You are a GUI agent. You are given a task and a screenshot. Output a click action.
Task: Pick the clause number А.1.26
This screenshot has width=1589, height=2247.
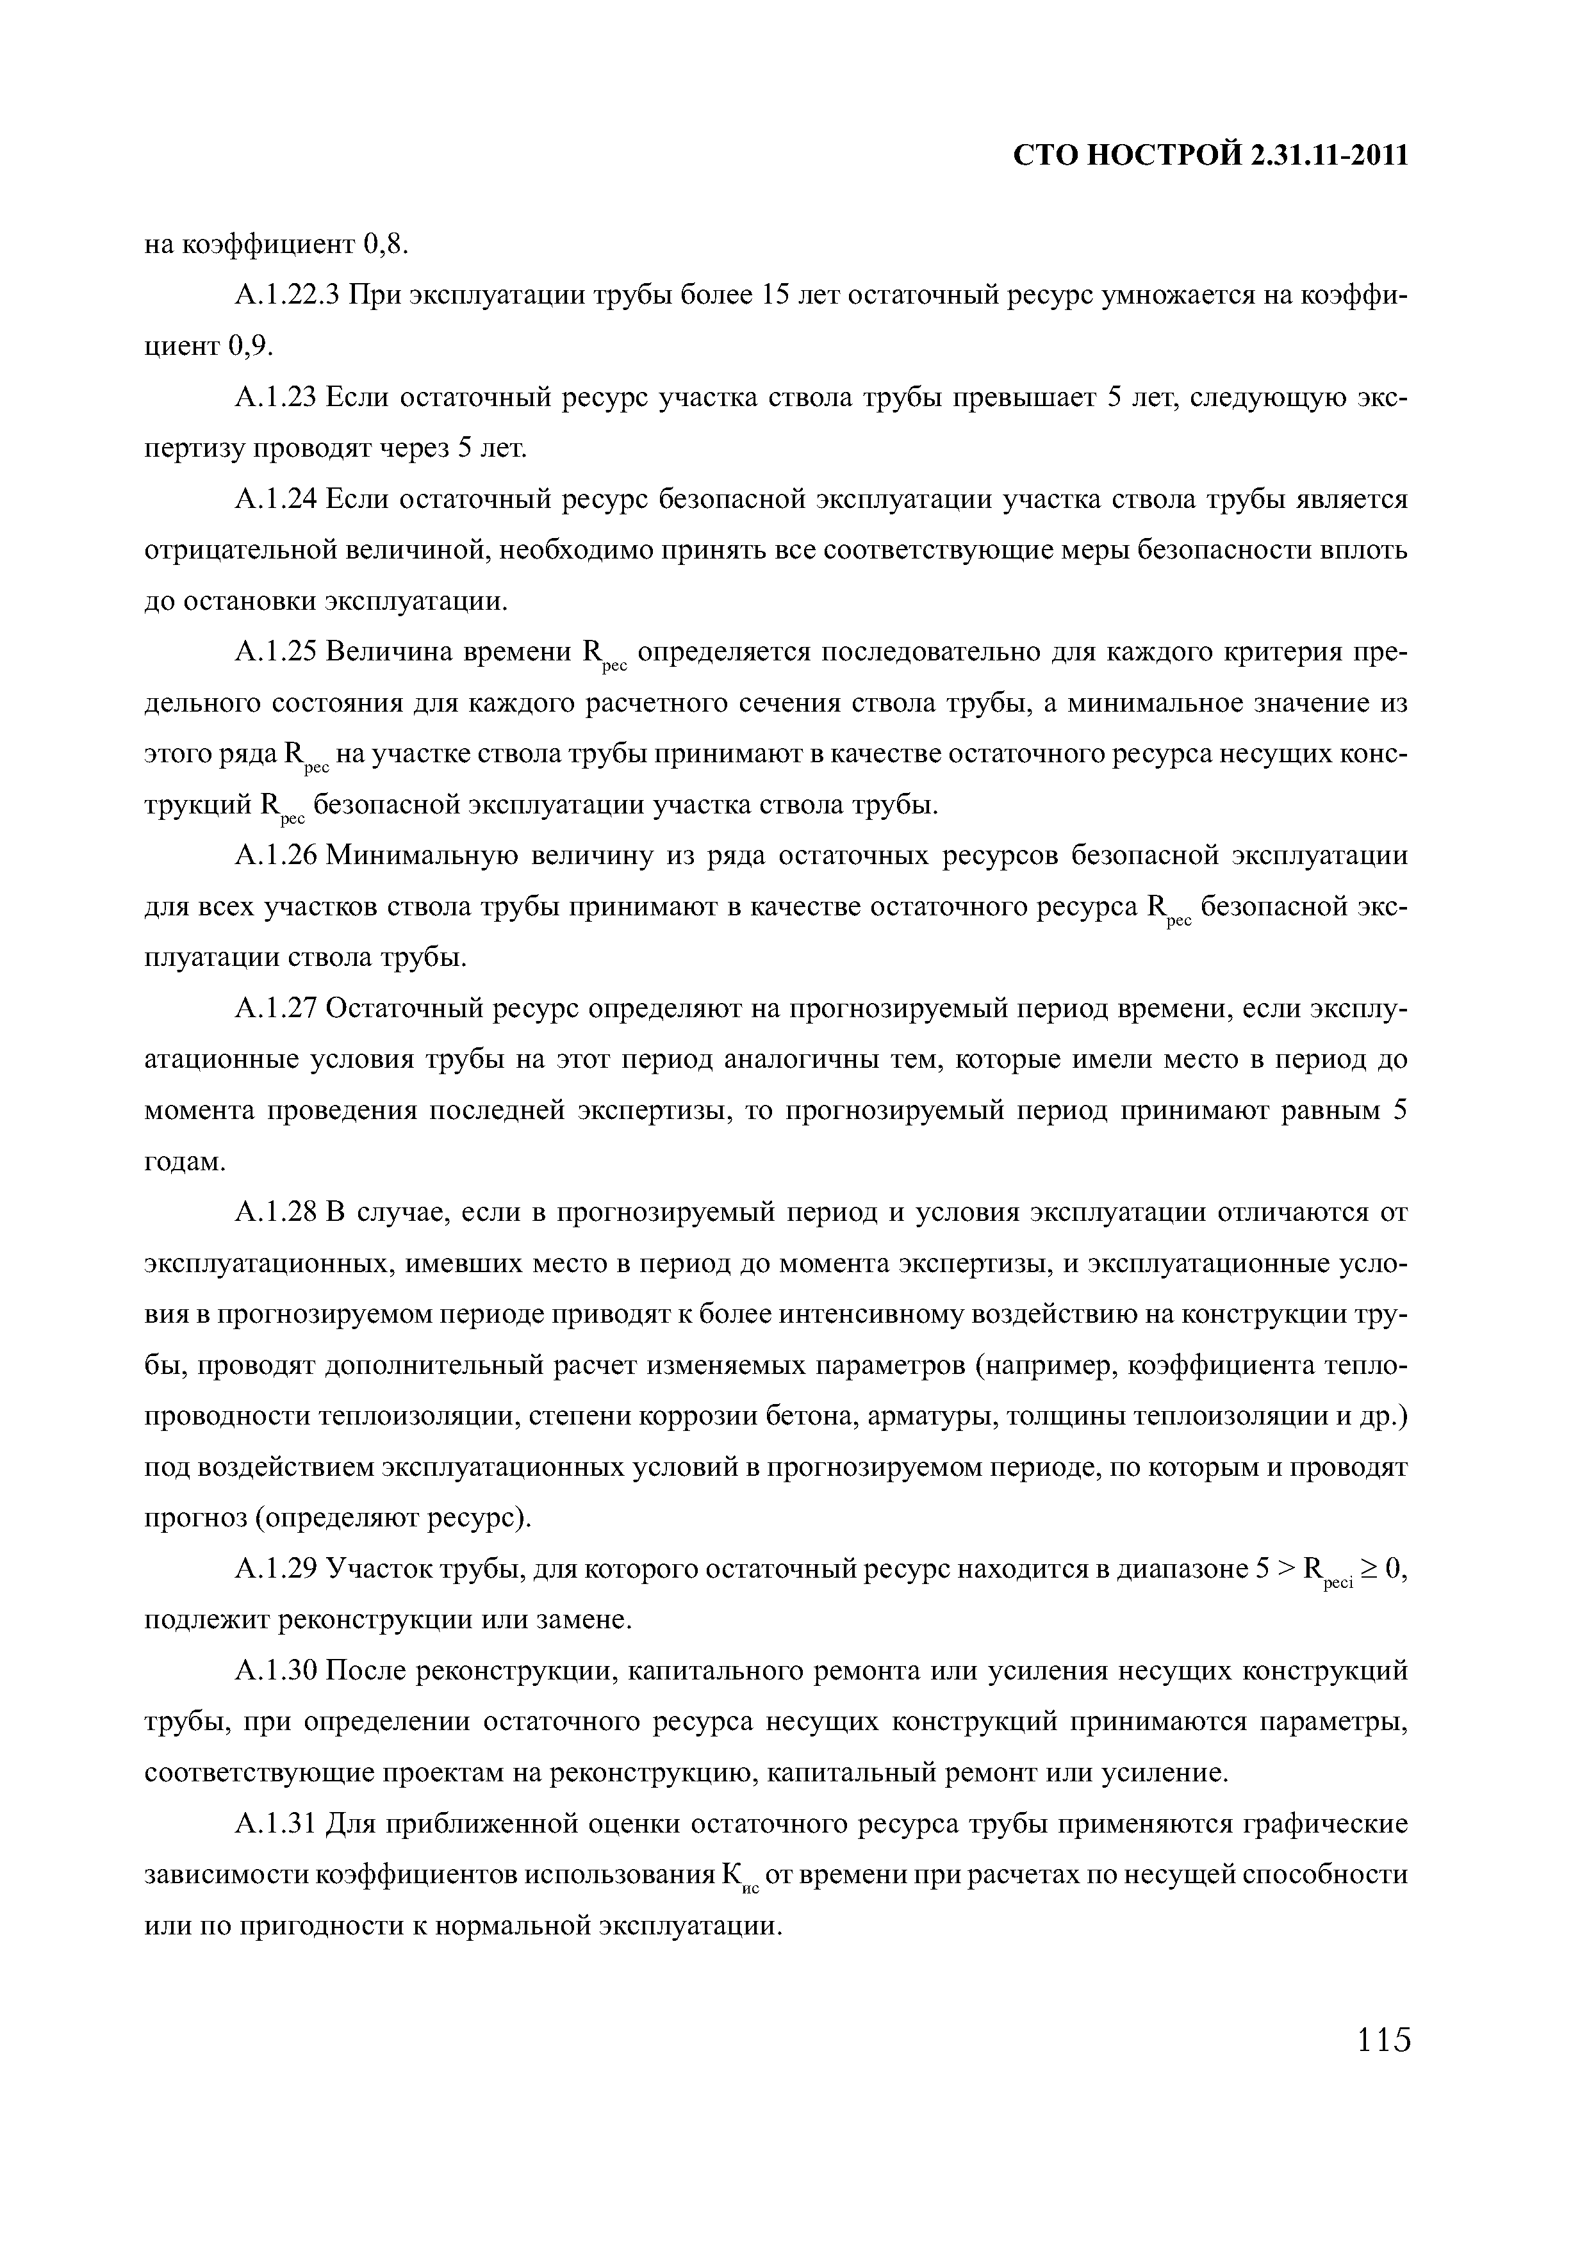(x=276, y=856)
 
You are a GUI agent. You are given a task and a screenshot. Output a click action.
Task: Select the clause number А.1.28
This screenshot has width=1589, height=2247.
(x=276, y=1213)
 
